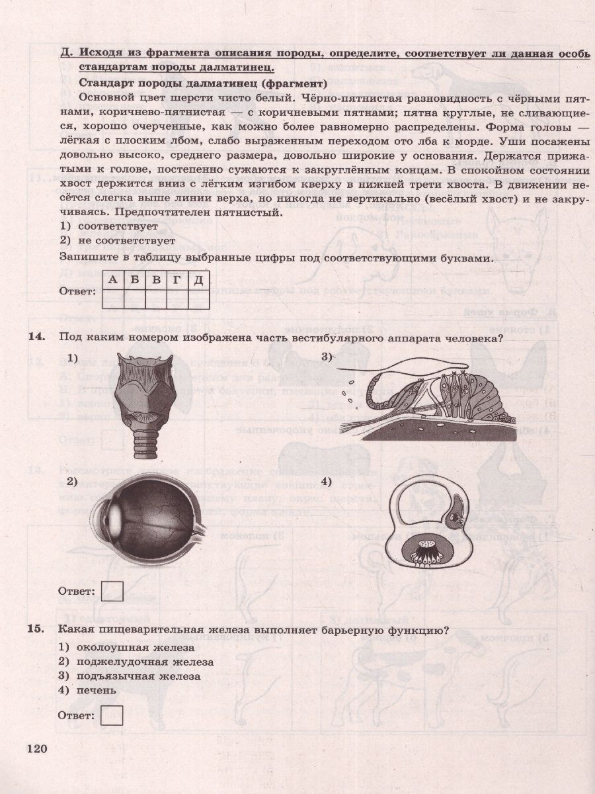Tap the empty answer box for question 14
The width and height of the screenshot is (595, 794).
[112, 590]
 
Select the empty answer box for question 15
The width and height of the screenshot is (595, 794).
[112, 715]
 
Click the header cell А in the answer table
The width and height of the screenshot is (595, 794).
[113, 280]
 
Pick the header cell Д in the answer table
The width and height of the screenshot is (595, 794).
[198, 280]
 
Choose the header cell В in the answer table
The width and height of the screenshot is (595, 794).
[156, 280]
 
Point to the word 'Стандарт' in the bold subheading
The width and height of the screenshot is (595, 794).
[106, 83]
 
